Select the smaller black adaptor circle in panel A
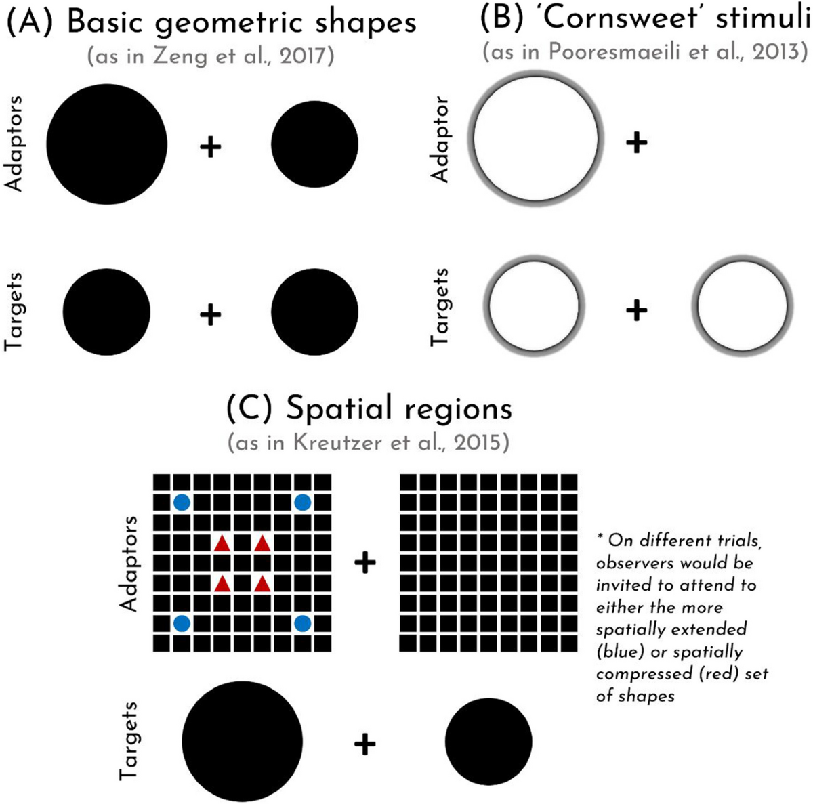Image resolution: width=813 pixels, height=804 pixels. click(x=314, y=144)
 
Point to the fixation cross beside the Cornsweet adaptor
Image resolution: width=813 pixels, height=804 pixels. click(x=636, y=142)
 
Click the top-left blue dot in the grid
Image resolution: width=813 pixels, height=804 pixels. click(x=182, y=503)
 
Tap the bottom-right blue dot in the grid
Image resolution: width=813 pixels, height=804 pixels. click(x=302, y=622)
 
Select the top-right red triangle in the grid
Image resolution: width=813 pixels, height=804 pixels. click(x=262, y=543)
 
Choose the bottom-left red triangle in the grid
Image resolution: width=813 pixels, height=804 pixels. click(x=222, y=583)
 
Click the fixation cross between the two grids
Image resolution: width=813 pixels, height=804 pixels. click(x=365, y=563)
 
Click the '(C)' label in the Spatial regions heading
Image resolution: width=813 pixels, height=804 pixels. click(x=249, y=408)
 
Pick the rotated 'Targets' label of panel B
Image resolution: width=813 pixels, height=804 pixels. click(x=440, y=307)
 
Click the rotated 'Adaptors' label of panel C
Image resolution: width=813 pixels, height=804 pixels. click(x=128, y=564)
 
